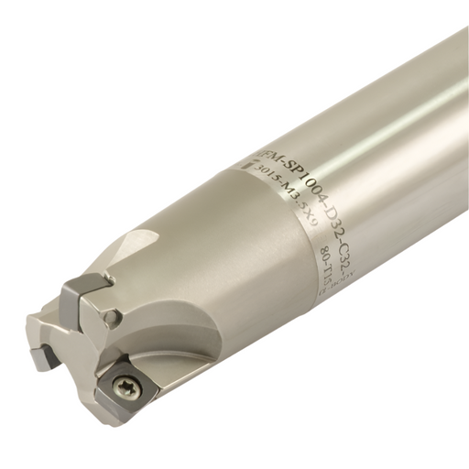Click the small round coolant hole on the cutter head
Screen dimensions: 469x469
click(x=111, y=318)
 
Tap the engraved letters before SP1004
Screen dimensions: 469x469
click(x=259, y=150)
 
